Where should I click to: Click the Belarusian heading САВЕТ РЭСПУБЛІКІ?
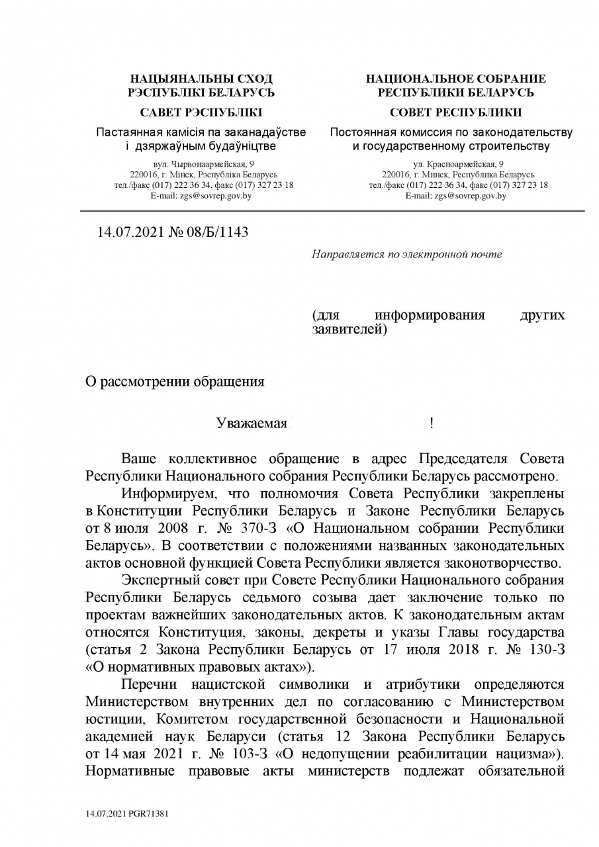pyautogui.click(x=201, y=112)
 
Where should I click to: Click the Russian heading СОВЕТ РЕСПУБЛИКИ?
pyautogui.click(x=455, y=112)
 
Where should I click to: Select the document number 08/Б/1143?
pyautogui.click(x=214, y=232)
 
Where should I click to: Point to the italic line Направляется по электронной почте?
pyautogui.click(x=406, y=254)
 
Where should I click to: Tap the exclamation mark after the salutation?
pyautogui.click(x=431, y=423)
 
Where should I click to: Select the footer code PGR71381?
pyautogui.click(x=150, y=813)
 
